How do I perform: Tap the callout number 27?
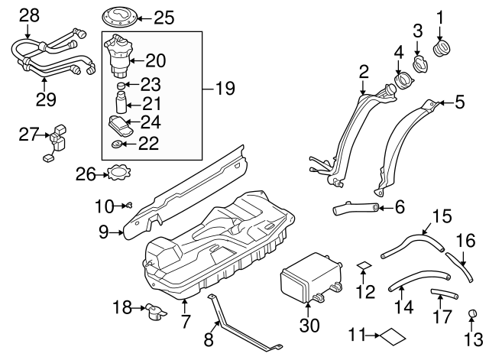[x=29, y=135]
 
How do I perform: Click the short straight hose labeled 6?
[x=355, y=206]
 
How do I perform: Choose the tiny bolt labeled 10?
[x=128, y=204]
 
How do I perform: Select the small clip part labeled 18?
[x=157, y=312]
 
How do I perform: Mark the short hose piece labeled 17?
[x=441, y=294]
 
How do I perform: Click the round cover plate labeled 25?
[x=121, y=15]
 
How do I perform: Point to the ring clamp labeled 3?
[x=418, y=62]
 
